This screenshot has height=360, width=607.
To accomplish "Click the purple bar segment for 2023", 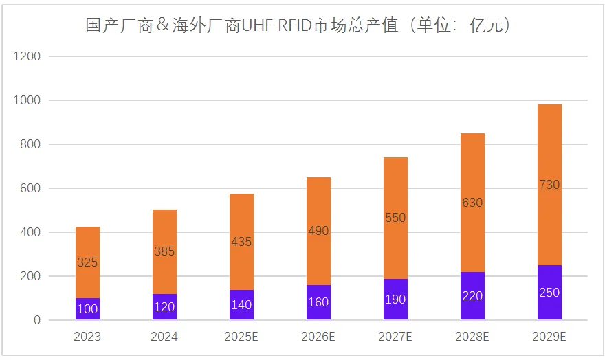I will pos(87,309).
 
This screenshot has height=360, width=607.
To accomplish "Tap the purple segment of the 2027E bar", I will pos(395,300).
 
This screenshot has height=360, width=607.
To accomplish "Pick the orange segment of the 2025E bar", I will pos(241,220).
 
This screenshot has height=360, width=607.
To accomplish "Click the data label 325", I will pos(87,262).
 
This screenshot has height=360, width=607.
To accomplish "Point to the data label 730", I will pos(549,185).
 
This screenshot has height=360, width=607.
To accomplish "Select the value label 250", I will pos(549,293).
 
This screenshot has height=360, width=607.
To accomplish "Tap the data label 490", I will pos(318,232).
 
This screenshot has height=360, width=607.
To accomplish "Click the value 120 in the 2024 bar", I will pos(164,307).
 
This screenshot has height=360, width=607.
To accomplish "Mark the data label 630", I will pos(472,203).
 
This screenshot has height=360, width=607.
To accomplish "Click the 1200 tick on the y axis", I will pos(27,56).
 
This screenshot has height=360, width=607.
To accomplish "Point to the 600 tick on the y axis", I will pos(30,188).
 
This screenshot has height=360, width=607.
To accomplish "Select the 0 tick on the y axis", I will pos(37,320).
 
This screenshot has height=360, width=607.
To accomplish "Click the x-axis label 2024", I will pos(164,337).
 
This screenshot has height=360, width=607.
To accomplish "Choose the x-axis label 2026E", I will pos(318,337).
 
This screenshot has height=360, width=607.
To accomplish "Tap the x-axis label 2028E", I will pos(472,337).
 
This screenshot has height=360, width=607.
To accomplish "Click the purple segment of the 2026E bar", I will pos(318,302).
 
